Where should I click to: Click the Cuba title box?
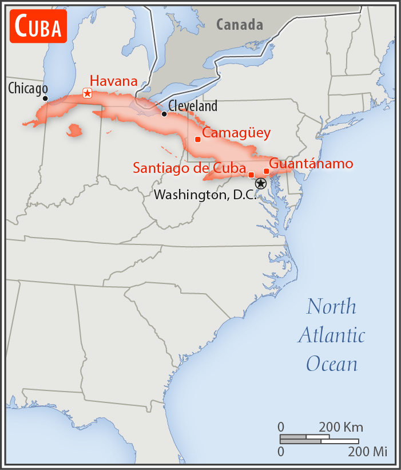38,26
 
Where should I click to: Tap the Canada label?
240,25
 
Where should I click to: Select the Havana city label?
114,81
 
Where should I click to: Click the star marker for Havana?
87,93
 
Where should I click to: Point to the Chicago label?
28,89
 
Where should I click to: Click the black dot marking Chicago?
45,98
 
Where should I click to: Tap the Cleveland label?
193,106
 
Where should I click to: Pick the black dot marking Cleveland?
164,114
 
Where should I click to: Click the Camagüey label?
236,133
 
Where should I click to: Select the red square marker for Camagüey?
198,139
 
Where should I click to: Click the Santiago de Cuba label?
189,168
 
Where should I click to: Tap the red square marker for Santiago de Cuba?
251,175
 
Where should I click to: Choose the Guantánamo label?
311,164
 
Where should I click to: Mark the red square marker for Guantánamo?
266,171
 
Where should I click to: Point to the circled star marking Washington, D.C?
261,184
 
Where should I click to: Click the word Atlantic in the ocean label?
331,335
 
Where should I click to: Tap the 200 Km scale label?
341,428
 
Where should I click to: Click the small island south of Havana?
74,131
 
